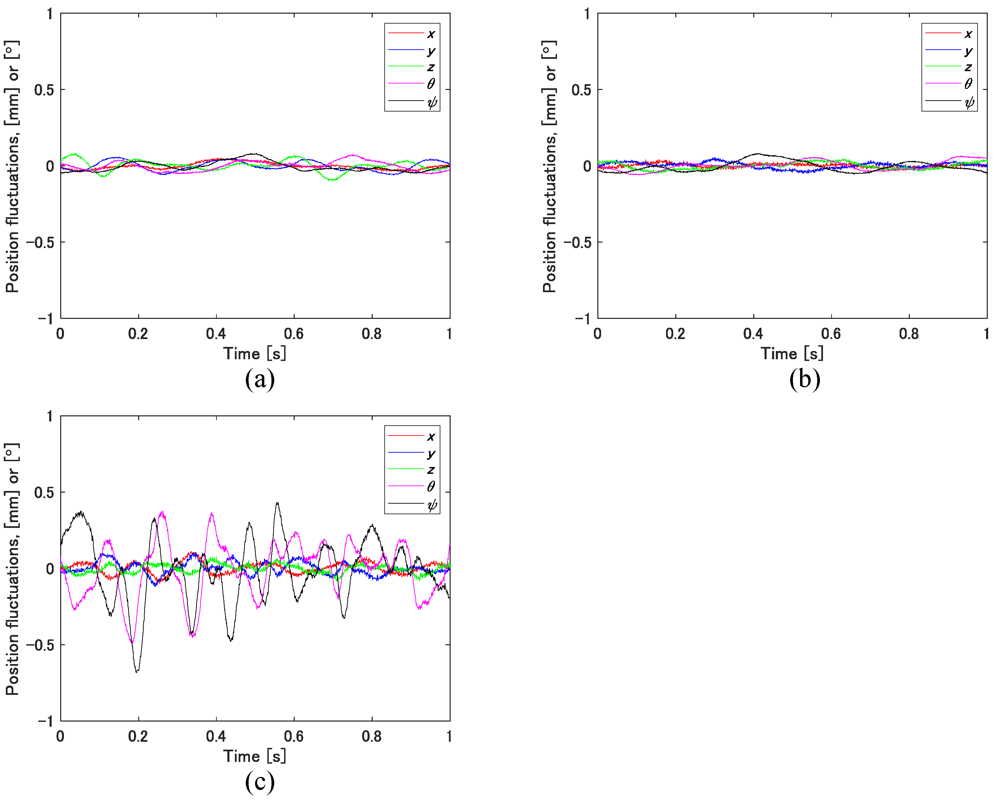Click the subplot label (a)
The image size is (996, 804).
[260, 379]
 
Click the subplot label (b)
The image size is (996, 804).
[805, 379]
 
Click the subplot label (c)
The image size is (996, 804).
[260, 782]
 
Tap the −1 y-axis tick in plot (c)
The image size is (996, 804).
[45, 721]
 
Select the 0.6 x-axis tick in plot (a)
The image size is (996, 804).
[294, 334]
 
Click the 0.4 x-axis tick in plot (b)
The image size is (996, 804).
[753, 334]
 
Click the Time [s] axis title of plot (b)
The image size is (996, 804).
[792, 354]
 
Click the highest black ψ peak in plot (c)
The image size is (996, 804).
[277, 503]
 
